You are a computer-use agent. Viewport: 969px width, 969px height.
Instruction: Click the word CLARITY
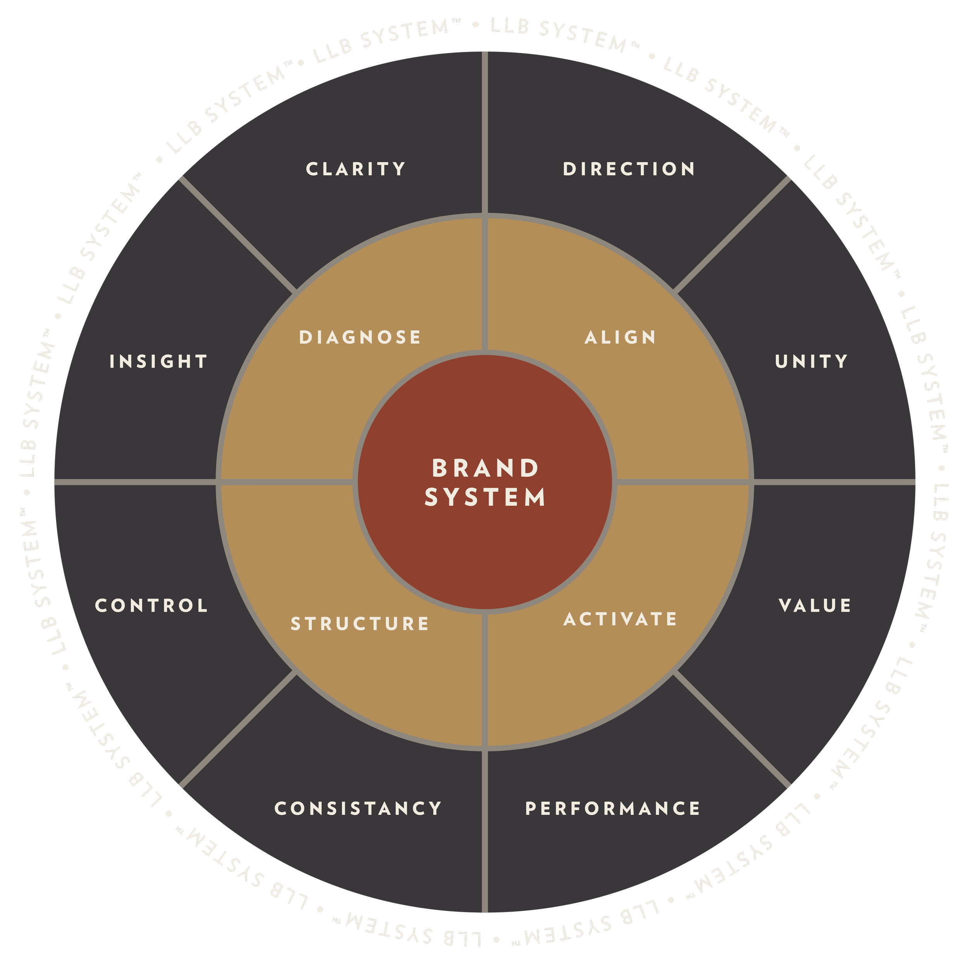point(355,169)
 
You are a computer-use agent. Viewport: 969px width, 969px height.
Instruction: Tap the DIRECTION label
point(629,169)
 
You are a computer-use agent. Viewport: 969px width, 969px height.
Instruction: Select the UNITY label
point(811,361)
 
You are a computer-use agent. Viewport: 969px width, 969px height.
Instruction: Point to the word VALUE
point(814,605)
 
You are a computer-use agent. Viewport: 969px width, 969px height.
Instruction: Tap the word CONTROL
point(152,605)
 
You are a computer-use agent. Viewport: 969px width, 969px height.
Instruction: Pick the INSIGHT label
point(159,361)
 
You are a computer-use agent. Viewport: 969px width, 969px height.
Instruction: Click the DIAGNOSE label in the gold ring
point(360,337)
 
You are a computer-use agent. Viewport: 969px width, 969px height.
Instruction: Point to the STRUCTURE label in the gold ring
point(360,623)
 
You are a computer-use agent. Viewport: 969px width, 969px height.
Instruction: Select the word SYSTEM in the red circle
point(485,497)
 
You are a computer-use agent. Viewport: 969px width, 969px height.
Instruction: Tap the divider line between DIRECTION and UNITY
point(732,235)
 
